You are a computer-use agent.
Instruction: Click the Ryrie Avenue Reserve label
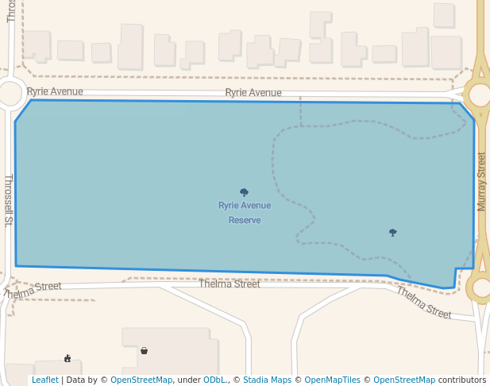pyautogui.click(x=245, y=212)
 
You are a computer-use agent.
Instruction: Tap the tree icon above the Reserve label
pyautogui.click(x=244, y=192)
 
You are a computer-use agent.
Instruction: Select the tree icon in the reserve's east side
pyautogui.click(x=392, y=232)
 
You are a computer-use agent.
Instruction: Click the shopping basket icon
pyautogui.click(x=144, y=350)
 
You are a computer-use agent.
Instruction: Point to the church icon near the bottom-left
pyautogui.click(x=68, y=358)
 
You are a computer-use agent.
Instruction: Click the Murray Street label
pyautogui.click(x=481, y=181)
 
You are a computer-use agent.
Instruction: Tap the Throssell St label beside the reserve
pyautogui.click(x=9, y=200)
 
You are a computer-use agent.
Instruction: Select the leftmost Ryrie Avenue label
pyautogui.click(x=55, y=91)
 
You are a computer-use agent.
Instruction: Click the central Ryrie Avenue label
pyautogui.click(x=253, y=93)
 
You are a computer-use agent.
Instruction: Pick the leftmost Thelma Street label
pyautogui.click(x=32, y=291)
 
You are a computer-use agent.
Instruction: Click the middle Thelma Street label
pyautogui.click(x=229, y=284)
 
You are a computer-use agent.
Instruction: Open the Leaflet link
pyautogui.click(x=44, y=380)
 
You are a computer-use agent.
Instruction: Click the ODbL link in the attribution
pyautogui.click(x=214, y=380)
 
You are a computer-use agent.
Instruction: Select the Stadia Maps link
pyautogui.click(x=267, y=380)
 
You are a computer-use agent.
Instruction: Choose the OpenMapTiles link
pyautogui.click(x=332, y=380)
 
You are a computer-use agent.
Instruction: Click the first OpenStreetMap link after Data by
pyautogui.click(x=141, y=380)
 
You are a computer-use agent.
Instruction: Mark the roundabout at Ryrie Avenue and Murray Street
pyautogui.click(x=480, y=95)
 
